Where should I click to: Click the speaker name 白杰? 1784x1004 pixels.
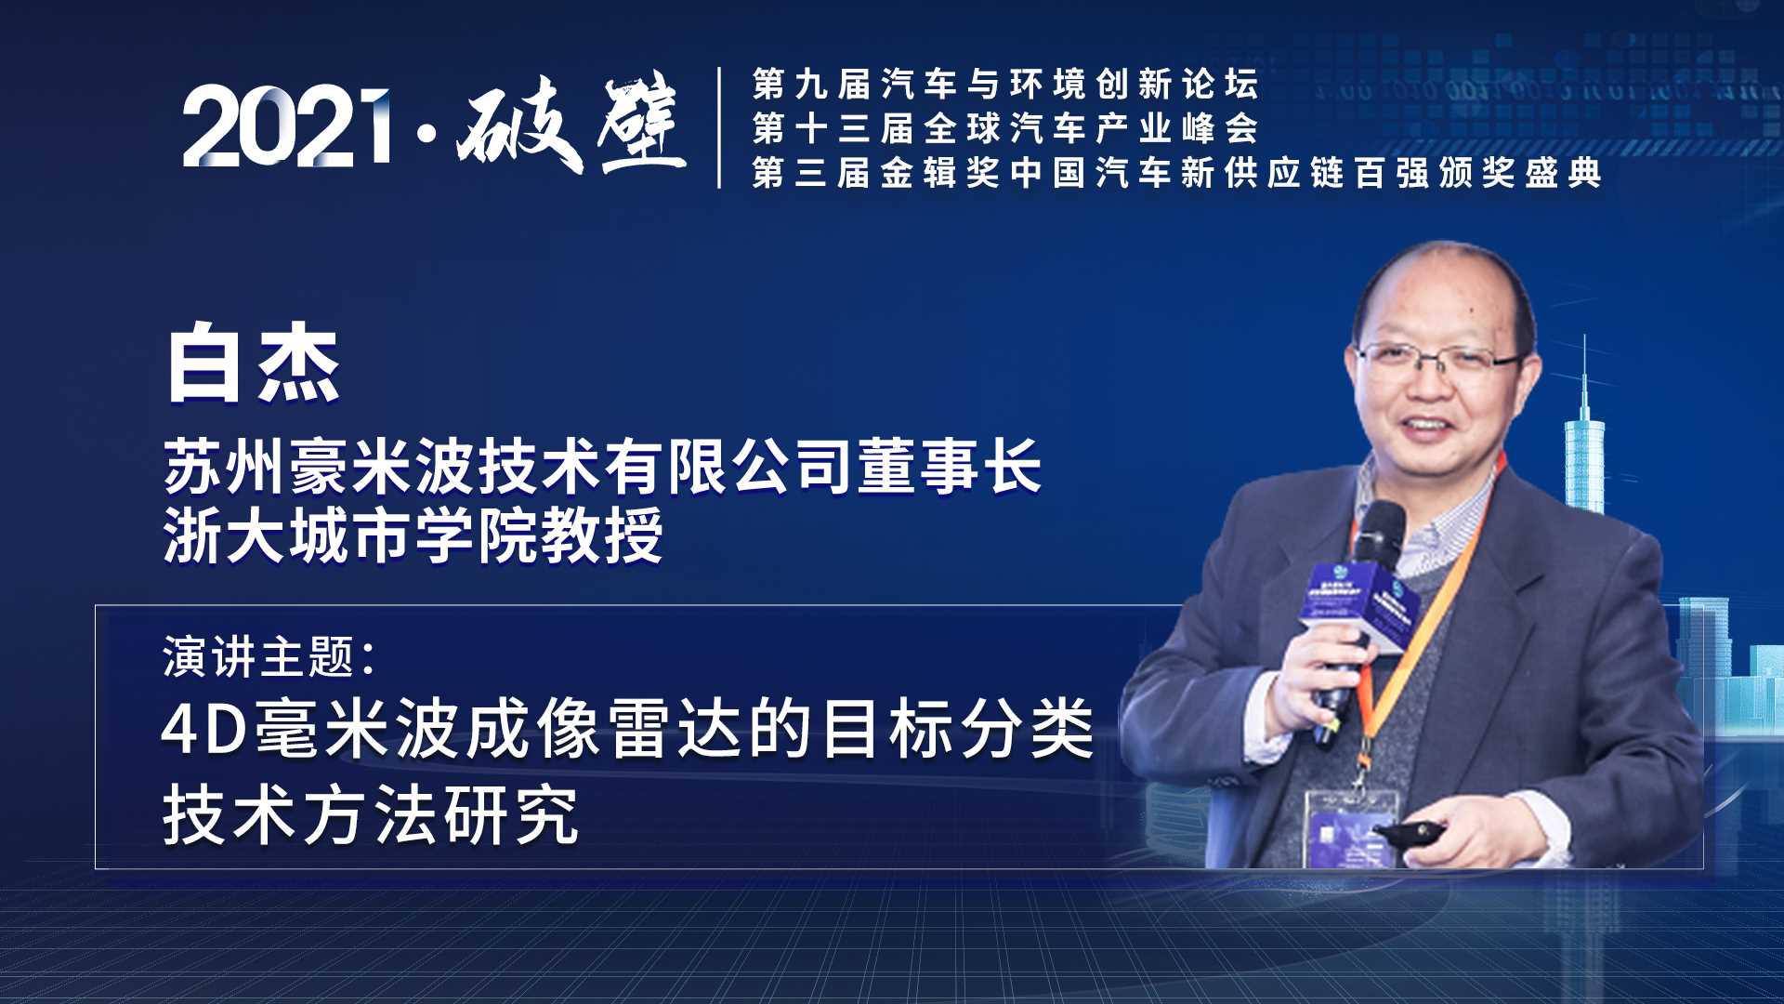click(253, 364)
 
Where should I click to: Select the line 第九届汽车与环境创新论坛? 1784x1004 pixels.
click(1005, 85)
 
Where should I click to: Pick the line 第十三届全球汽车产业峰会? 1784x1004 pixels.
click(1005, 128)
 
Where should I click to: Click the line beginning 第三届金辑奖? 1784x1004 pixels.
click(1177, 173)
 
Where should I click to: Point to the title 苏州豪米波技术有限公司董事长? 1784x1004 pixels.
click(603, 466)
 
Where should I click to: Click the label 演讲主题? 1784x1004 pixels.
click(269, 656)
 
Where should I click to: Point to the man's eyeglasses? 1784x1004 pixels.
click(1439, 359)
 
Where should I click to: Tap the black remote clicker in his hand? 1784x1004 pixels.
click(1410, 831)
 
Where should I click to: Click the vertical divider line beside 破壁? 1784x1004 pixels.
click(719, 127)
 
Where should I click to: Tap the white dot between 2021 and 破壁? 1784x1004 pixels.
click(426, 136)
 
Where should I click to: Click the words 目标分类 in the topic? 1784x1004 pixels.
click(957, 730)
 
